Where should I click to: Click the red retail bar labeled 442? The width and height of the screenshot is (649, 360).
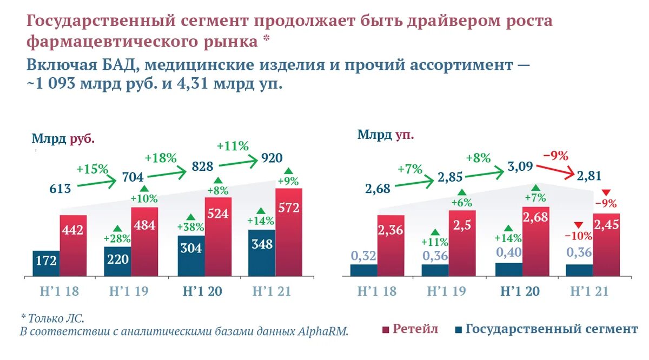tap(73, 246)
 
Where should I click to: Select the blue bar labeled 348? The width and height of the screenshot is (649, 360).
tap(262, 253)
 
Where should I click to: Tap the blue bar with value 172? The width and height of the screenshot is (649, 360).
tap(46, 264)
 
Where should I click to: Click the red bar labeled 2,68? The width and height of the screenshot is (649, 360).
tap(535, 242)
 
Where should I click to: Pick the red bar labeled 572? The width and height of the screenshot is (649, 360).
tap(289, 232)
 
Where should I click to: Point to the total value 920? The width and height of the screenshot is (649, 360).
tap(272, 158)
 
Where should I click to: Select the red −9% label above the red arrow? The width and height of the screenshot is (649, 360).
tap(555, 156)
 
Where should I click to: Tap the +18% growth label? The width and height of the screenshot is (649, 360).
tap(161, 158)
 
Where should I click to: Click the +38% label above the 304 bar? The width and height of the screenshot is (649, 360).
tap(190, 227)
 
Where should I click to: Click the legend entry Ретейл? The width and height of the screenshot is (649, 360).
tap(410, 329)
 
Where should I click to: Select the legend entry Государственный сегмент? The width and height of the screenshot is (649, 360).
tap(546, 329)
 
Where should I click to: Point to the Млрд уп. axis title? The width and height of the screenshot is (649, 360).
tap(385, 135)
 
